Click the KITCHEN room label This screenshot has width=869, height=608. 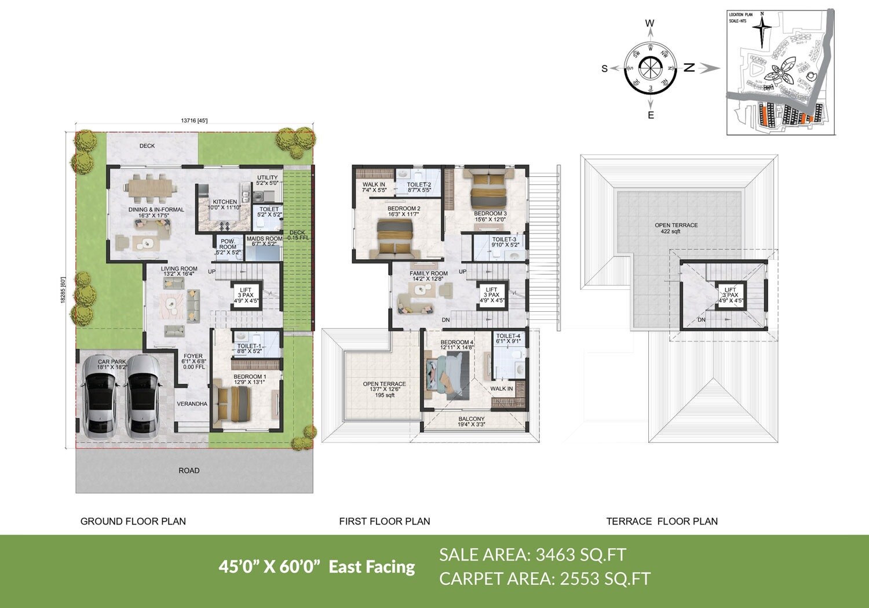point(225,202)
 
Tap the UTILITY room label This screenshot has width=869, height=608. point(268,178)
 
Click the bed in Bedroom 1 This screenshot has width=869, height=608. point(233,404)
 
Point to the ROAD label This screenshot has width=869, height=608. point(189,471)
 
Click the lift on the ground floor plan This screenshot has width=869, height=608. point(246,296)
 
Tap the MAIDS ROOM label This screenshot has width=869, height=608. point(264,239)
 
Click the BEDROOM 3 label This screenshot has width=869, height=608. point(490,214)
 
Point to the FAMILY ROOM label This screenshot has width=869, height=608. point(429,274)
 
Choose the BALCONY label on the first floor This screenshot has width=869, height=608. point(472,419)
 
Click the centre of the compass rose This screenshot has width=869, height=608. point(651,68)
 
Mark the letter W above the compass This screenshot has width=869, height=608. point(649,24)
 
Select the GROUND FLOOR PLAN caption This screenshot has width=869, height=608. point(133,522)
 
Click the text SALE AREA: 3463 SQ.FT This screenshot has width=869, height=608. point(532,555)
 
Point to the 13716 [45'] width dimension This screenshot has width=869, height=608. point(194,121)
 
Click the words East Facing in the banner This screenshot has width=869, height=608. point(372,566)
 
